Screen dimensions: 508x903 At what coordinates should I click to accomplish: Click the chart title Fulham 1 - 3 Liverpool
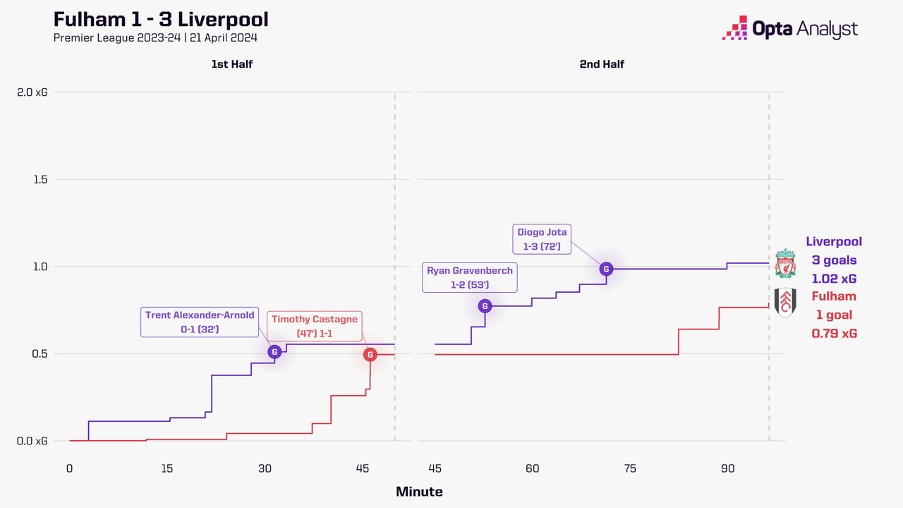pos(161,19)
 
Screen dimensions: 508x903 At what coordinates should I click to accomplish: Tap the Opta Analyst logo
pos(789,29)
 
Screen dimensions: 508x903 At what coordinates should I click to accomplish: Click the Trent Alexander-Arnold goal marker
pos(274,351)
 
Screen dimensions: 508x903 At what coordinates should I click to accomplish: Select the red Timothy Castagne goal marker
pos(370,354)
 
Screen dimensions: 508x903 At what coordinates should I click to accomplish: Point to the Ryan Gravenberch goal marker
pos(485,306)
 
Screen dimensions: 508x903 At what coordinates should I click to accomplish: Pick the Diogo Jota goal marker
pos(605,268)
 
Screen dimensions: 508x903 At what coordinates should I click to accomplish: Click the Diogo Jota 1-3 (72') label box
pos(542,239)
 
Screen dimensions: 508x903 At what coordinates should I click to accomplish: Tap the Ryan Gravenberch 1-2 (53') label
pos(469,277)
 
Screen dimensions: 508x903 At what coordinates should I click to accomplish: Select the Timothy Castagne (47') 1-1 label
pos(315,326)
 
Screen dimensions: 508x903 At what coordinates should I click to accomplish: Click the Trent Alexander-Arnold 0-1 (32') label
pos(200,322)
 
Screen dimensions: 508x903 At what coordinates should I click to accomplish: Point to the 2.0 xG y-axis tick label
pos(33,92)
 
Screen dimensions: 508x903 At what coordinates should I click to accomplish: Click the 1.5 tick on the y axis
pos(40,179)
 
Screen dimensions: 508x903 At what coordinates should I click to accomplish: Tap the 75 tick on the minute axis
pos(630,468)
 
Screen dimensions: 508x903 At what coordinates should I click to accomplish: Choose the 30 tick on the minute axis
pos(265,468)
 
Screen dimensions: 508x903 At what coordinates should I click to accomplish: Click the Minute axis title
pos(419,491)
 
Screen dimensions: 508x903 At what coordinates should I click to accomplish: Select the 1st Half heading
pos(231,64)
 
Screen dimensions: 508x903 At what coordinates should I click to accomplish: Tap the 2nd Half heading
pos(602,64)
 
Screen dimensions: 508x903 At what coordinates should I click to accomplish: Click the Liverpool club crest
pos(784,263)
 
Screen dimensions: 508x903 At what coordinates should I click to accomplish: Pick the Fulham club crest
pos(784,303)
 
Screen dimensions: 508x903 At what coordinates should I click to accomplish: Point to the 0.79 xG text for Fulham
pos(834,333)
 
